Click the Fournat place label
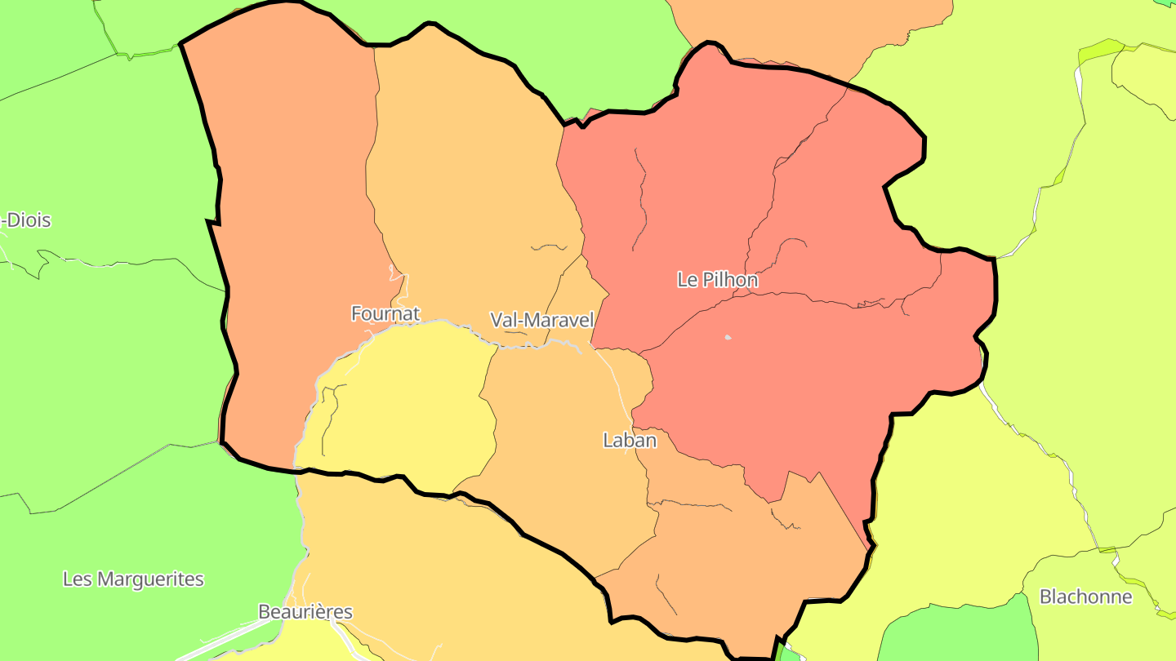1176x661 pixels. (x=385, y=313)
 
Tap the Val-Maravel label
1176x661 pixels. (x=541, y=320)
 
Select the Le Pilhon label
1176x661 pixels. (x=718, y=280)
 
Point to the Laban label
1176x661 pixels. (x=630, y=441)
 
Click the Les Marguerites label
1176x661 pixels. (x=133, y=579)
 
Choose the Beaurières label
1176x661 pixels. (x=305, y=612)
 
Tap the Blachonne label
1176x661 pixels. (x=1085, y=597)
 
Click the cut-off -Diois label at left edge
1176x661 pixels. (x=27, y=220)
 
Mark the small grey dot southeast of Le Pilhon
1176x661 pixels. (x=728, y=337)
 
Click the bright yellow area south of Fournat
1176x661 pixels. (x=408, y=400)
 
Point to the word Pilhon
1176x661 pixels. (x=729, y=280)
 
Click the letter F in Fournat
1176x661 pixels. (x=356, y=313)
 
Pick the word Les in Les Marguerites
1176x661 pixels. (x=78, y=579)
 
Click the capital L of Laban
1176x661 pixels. (x=608, y=441)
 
